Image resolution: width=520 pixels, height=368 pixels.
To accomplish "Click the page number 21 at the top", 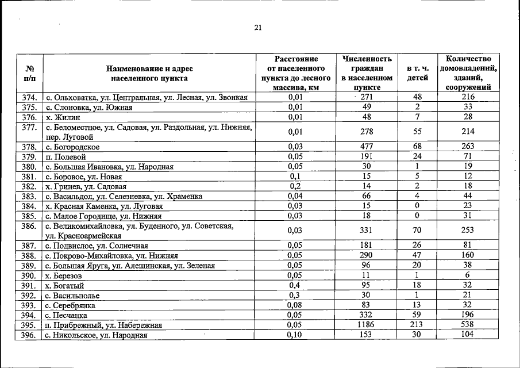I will (258, 28).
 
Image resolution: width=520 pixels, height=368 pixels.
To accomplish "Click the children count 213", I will (417, 325).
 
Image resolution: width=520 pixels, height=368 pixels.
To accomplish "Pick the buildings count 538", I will (467, 325).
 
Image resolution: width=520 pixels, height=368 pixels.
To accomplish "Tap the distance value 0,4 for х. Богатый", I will (295, 285).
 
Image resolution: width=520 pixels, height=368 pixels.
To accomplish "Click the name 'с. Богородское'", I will (72, 147).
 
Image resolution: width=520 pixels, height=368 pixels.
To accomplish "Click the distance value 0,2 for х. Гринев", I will (295, 186).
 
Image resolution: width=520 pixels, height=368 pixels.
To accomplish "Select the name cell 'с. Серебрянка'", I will (71, 305).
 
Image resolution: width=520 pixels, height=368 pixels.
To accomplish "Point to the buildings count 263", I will (467, 147).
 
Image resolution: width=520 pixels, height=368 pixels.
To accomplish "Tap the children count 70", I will (417, 231).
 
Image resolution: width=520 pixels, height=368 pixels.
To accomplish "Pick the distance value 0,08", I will (295, 305).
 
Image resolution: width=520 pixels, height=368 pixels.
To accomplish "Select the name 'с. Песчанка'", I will (67, 315).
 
